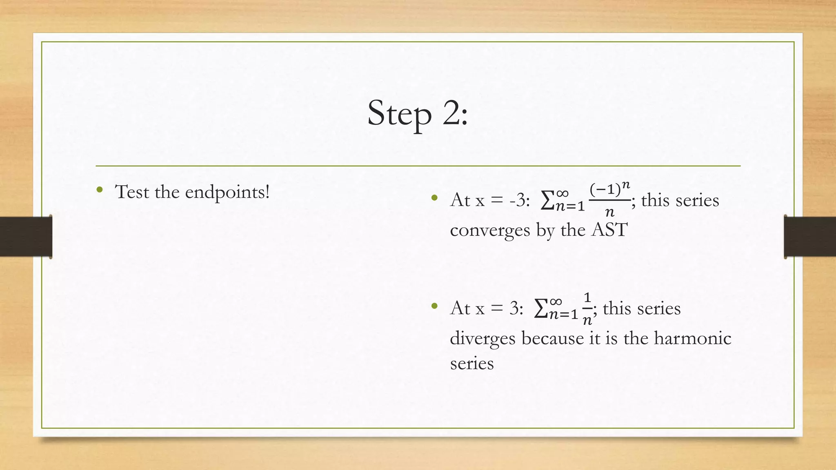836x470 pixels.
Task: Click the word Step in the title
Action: pyautogui.click(x=399, y=113)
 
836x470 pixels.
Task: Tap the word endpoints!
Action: pyautogui.click(x=227, y=192)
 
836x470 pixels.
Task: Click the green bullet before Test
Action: pyautogui.click(x=99, y=190)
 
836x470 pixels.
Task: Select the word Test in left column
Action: pyautogui.click(x=132, y=192)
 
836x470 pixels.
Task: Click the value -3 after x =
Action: pyautogui.click(x=517, y=200)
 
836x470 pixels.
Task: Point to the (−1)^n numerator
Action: pyautogui.click(x=609, y=189)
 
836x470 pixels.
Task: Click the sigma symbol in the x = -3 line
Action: pyautogui.click(x=547, y=201)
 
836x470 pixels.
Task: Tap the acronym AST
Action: pyautogui.click(x=609, y=230)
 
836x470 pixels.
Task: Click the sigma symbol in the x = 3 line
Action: pyautogui.click(x=541, y=309)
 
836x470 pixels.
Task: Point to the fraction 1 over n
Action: pyautogui.click(x=587, y=309)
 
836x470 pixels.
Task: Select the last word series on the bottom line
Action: pyautogui.click(x=471, y=363)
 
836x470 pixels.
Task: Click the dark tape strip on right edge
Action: pyautogui.click(x=810, y=237)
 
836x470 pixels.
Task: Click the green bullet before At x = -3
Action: pyautogui.click(x=434, y=198)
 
